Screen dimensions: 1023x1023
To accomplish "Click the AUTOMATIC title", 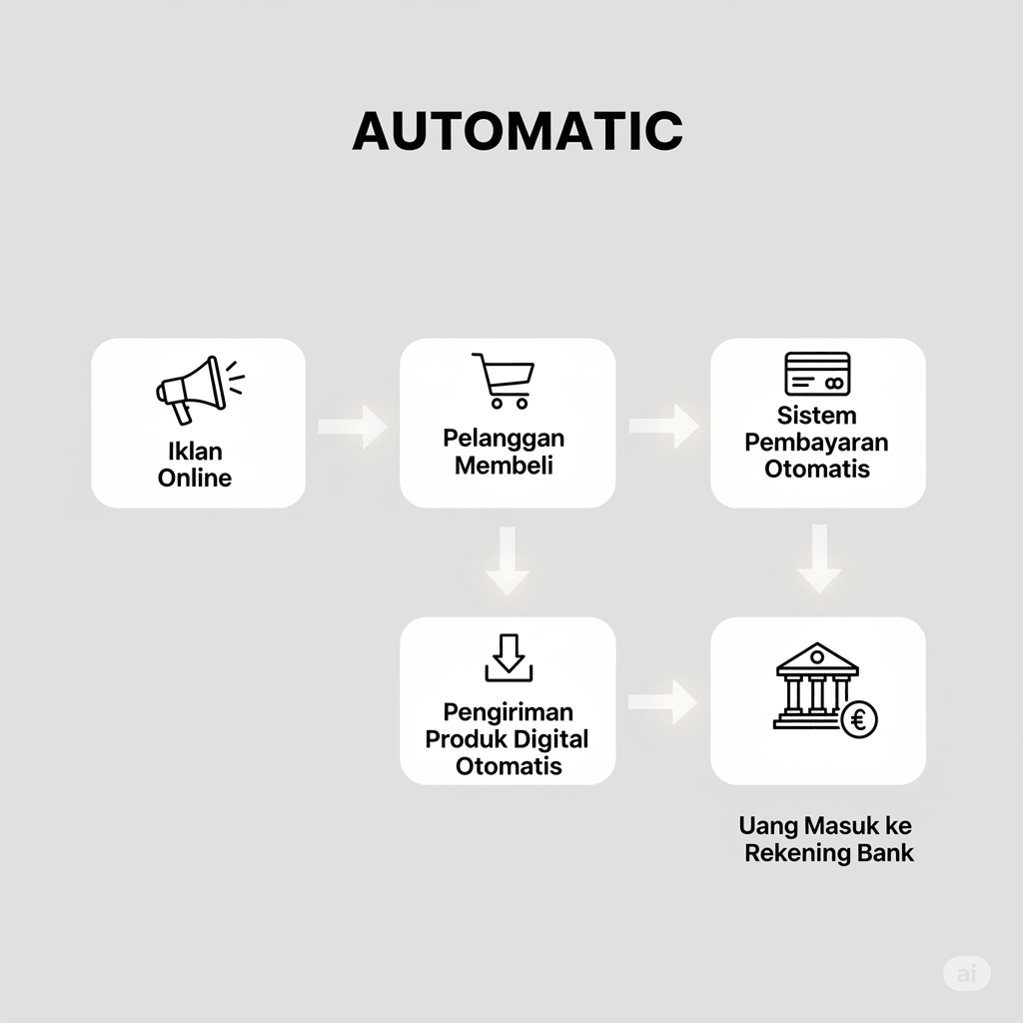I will [x=517, y=131].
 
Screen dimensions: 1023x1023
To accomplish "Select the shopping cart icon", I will [x=504, y=381].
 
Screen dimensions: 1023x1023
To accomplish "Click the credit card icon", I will [x=817, y=375].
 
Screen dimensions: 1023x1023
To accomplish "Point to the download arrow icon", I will [x=509, y=658].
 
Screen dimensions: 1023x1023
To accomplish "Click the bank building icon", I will [x=816, y=684].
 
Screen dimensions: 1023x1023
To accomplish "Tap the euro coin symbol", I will [x=858, y=718].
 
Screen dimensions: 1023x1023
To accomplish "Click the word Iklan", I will [x=195, y=452].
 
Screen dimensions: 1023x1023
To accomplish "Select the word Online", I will [x=195, y=478].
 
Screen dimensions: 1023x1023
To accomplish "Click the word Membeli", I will [x=504, y=465].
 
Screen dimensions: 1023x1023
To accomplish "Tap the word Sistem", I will [x=816, y=415].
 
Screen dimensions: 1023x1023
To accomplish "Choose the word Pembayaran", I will [x=816, y=442].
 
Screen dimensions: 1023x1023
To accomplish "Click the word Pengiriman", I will [x=508, y=712].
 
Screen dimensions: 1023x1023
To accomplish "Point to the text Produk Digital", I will [x=508, y=739].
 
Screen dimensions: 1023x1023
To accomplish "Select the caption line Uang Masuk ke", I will [x=825, y=826].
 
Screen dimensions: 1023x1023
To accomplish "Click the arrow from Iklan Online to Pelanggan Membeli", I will [x=353, y=427].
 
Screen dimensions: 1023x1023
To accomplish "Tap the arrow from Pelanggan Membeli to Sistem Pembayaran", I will [x=663, y=426].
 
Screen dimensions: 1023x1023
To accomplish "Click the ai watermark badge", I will [x=966, y=973].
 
